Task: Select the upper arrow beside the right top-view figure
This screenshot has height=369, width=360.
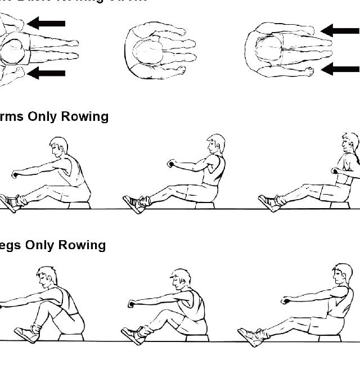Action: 340,30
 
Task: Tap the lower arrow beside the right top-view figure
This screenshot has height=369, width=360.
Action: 340,69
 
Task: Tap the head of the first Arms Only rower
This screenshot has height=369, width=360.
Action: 58,147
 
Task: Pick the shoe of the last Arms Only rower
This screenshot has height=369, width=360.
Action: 269,203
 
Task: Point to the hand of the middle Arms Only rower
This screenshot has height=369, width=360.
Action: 171,164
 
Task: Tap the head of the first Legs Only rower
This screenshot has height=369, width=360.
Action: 47,277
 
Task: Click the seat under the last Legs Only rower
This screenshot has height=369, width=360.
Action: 330,337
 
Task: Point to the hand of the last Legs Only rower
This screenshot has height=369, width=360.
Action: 285,300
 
